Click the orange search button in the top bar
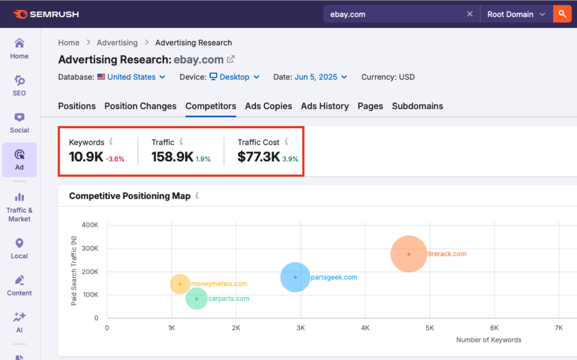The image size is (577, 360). tap(562, 14)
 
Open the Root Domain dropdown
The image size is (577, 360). tap(516, 14)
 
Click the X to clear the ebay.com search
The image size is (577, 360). tap(469, 14)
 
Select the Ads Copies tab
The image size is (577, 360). tap(269, 106)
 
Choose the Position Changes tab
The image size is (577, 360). tap(140, 106)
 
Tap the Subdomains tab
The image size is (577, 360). tap(417, 106)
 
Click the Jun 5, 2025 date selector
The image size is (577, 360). tap(321, 77)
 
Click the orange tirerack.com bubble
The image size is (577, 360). tap(409, 254)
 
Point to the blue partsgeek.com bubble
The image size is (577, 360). tap(295, 277)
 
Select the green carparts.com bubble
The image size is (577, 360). tap(197, 299)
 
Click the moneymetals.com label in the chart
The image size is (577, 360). tap(219, 284)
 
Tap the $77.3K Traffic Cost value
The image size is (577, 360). tap(258, 157)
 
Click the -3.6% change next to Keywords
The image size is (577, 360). tap(115, 159)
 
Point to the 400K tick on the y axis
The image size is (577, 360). tap(90, 225)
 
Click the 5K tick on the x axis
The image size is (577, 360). tap(430, 328)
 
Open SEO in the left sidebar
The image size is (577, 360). tap(19, 86)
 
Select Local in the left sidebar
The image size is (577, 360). tap(19, 248)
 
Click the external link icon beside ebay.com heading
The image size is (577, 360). tap(231, 59)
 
